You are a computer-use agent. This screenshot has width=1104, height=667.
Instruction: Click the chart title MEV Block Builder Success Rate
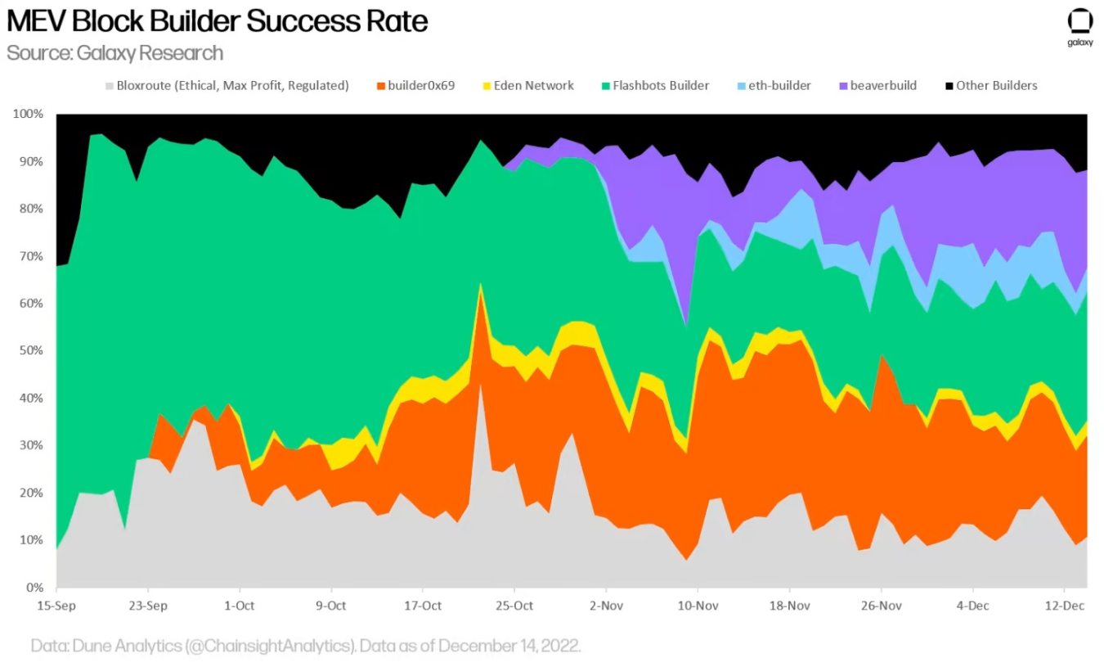pyautogui.click(x=218, y=21)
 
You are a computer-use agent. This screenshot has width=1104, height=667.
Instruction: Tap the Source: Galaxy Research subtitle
pyautogui.click(x=114, y=53)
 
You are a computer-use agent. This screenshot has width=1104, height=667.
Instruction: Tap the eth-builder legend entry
pyautogui.click(x=773, y=85)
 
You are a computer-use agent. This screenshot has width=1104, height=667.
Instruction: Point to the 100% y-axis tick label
pyautogui.click(x=27, y=114)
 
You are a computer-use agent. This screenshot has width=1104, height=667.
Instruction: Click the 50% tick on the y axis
pyautogui.click(x=29, y=351)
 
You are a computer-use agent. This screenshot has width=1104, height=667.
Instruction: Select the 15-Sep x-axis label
pyautogui.click(x=56, y=606)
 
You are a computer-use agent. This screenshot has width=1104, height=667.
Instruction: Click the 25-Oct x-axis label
pyautogui.click(x=514, y=606)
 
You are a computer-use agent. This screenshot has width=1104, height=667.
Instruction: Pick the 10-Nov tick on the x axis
pyautogui.click(x=698, y=606)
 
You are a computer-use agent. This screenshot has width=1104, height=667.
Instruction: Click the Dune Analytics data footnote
pyautogui.click(x=306, y=645)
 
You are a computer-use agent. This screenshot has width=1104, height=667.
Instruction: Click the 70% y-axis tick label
pyautogui.click(x=29, y=256)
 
